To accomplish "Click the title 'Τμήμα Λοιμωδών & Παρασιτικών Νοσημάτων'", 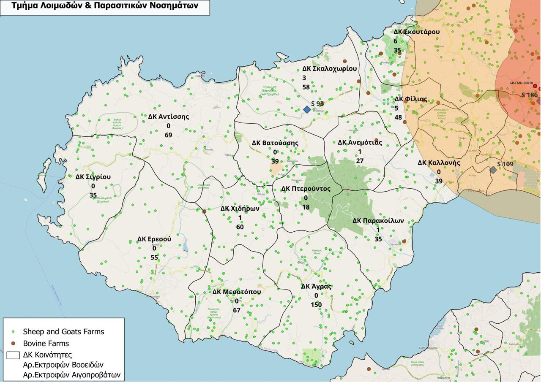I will pyautogui.click(x=105, y=6).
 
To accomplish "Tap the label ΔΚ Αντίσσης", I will pyautogui.click(x=168, y=116).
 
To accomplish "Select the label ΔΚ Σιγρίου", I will pyautogui.click(x=93, y=177).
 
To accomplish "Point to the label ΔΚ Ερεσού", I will pyautogui.click(x=154, y=239).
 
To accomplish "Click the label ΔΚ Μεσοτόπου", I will pyautogui.click(x=236, y=292).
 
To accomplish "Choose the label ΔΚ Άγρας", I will pyautogui.click(x=316, y=286).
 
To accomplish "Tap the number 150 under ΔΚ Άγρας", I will pyautogui.click(x=316, y=305).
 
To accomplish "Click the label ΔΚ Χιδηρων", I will pyautogui.click(x=240, y=209).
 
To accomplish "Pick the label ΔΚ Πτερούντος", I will pyautogui.click(x=306, y=189).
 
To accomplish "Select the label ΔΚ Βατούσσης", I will pyautogui.click(x=275, y=143).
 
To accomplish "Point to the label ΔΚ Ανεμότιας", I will pyautogui.click(x=360, y=142).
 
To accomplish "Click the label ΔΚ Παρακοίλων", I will pyautogui.click(x=378, y=221).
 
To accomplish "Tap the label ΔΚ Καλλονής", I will pyautogui.click(x=439, y=163).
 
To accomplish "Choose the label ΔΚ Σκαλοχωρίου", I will pyautogui.click(x=329, y=68).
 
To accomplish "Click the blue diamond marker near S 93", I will pyautogui.click(x=307, y=109).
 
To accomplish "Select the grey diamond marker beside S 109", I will pyautogui.click(x=493, y=170).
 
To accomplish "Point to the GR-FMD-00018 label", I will pyautogui.click(x=521, y=83).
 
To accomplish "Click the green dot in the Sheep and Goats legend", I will pyautogui.click(x=13, y=332).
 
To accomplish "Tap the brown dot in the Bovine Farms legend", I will pyautogui.click(x=13, y=344).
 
